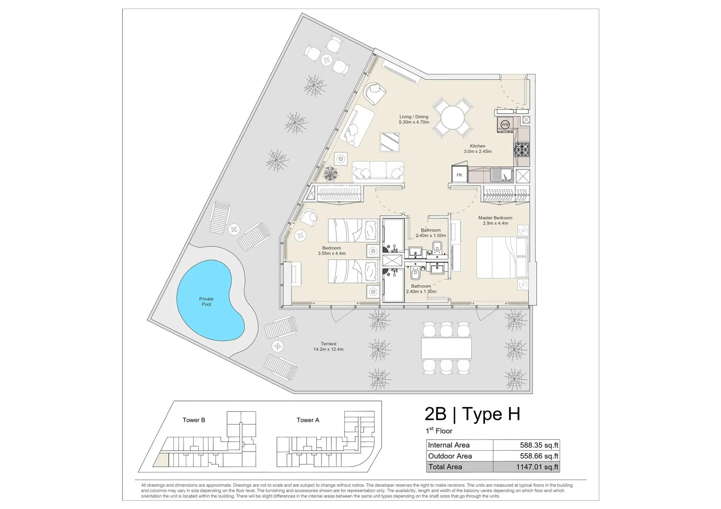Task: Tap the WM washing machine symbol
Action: click(505, 125)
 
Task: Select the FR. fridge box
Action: click(460, 175)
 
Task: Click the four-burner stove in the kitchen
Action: click(521, 150)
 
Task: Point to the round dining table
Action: click(452, 118)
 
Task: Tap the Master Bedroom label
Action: click(495, 218)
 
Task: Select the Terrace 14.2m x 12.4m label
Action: click(328, 346)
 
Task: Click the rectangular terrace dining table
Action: click(446, 348)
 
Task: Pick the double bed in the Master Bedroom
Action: click(502, 258)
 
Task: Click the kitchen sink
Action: click(501, 175)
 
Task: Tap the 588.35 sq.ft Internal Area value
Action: click(539, 445)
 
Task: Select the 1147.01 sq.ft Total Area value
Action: click(537, 467)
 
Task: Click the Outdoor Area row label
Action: click(450, 456)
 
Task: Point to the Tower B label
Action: click(194, 420)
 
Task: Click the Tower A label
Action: click(308, 420)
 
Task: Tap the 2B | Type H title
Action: click(472, 414)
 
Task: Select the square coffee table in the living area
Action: click(390, 142)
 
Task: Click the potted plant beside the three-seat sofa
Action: click(331, 174)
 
